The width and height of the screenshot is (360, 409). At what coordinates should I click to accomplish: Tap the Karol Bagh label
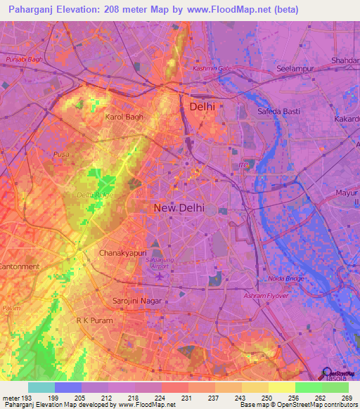tap(124, 117)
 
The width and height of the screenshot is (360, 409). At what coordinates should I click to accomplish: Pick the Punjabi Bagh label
tap(25, 58)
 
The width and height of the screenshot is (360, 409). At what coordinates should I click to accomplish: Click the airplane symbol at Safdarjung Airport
tap(160, 273)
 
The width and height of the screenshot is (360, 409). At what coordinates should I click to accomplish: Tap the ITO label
tap(244, 165)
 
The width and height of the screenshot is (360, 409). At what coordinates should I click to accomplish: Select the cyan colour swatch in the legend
tap(41, 387)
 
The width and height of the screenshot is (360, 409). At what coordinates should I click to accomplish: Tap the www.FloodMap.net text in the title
tap(231, 10)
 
